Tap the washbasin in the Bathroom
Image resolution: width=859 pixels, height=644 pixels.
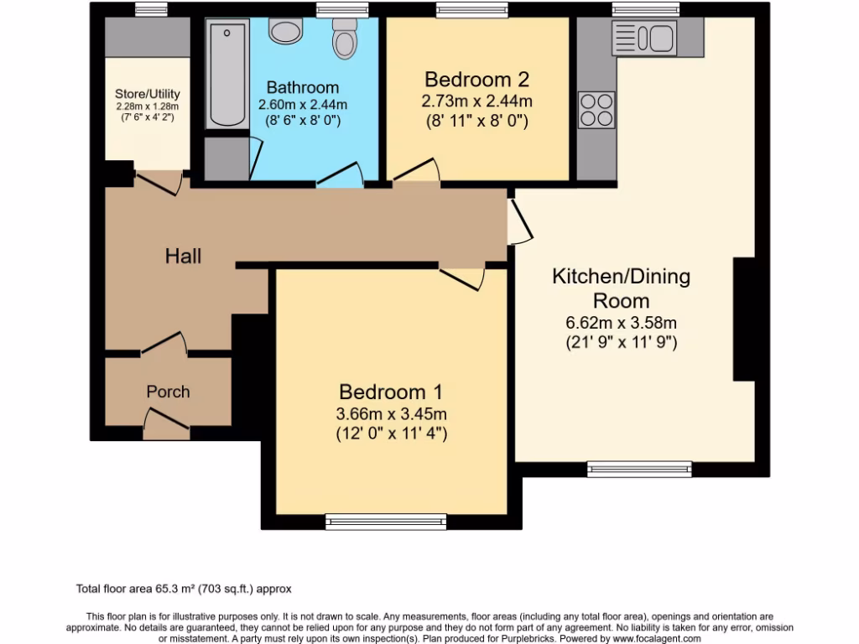pyautogui.click(x=285, y=31)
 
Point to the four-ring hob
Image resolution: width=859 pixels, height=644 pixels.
pyautogui.click(x=596, y=108)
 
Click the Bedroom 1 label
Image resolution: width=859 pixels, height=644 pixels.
pyautogui.click(x=390, y=392)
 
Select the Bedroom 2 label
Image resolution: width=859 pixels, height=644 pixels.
pyautogui.click(x=476, y=80)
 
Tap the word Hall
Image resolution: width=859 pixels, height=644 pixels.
pyautogui.click(x=183, y=256)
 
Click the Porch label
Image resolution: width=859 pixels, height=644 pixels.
pyautogui.click(x=168, y=392)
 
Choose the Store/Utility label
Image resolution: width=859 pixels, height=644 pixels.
pyautogui.click(x=148, y=94)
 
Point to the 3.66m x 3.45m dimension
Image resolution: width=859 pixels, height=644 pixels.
pyautogui.click(x=391, y=413)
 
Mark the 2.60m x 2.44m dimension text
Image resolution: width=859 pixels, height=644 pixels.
pyautogui.click(x=303, y=105)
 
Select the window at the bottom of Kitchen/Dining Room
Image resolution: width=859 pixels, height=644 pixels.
pyautogui.click(x=639, y=469)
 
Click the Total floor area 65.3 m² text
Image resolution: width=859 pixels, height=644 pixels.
pyautogui.click(x=184, y=589)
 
